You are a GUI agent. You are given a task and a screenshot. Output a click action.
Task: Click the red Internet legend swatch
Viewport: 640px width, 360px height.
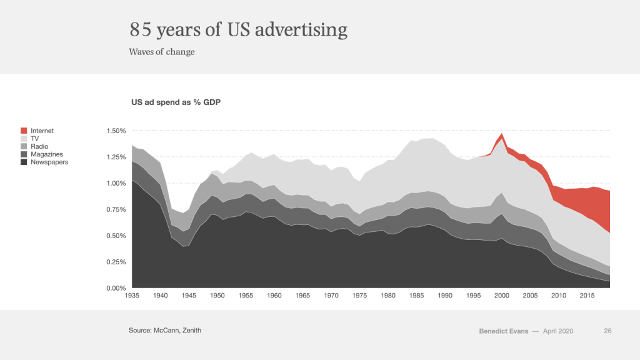[x=24, y=131]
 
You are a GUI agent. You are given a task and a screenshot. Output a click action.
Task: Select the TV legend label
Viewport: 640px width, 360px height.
[x=34, y=139]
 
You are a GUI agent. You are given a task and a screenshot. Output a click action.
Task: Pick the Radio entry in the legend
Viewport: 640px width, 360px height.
[x=39, y=147]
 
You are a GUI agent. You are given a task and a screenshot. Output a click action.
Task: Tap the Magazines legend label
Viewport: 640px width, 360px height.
[x=47, y=154]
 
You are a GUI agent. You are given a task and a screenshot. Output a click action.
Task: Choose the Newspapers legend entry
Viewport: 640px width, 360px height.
[x=49, y=162]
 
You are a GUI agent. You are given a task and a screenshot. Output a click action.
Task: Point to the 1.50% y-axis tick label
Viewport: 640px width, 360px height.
[x=116, y=131]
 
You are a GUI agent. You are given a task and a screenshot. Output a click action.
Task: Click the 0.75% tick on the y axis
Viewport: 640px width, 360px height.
[x=116, y=210]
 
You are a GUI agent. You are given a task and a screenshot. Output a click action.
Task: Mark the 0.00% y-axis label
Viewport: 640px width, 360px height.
[x=116, y=288]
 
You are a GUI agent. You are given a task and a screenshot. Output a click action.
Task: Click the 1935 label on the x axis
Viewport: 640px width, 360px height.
[x=132, y=295]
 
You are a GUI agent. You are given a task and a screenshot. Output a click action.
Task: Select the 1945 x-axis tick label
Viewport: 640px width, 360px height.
[x=189, y=295]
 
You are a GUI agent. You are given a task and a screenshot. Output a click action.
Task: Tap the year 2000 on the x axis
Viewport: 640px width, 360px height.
[x=502, y=295]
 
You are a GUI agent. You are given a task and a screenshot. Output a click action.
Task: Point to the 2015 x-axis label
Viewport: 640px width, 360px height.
[x=587, y=295]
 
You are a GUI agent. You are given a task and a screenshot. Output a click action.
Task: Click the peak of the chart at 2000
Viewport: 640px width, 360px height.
[x=501, y=134]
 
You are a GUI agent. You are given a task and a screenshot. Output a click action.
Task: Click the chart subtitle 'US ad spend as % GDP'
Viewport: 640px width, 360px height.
[x=176, y=101]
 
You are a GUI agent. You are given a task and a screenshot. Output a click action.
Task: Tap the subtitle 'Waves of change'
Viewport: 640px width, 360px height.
[x=162, y=52]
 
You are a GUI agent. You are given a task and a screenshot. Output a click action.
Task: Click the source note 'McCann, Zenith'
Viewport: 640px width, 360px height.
[x=179, y=329]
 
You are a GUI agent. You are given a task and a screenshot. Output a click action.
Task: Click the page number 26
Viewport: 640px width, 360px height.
[x=607, y=331]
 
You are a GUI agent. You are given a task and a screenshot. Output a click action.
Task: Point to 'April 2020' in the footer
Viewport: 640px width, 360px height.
[x=557, y=331]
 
